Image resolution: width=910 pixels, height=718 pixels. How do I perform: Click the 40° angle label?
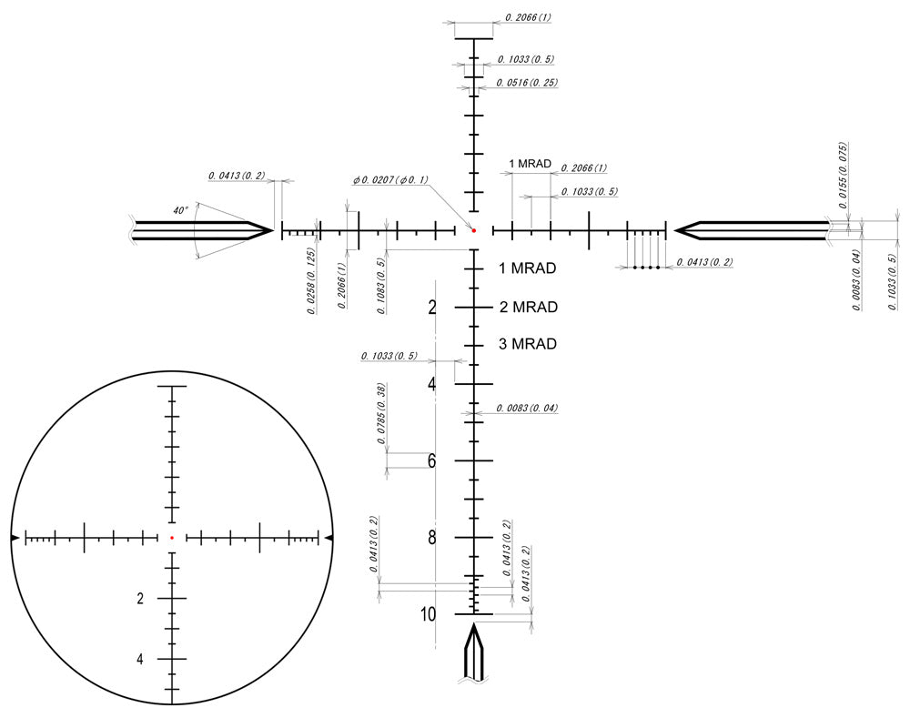[x=180, y=210]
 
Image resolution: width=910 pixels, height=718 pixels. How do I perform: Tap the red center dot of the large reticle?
[x=474, y=230]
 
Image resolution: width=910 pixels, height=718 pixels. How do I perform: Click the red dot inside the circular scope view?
[x=171, y=538]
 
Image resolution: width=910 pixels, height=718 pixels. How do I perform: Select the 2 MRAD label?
[x=529, y=307]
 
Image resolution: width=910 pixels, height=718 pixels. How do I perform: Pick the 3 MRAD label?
[x=529, y=344]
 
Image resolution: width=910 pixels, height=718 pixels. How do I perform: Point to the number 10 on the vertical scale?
[x=429, y=614]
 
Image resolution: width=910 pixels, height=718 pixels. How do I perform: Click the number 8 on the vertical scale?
[x=432, y=537]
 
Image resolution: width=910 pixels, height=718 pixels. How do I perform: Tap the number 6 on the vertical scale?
[x=432, y=460]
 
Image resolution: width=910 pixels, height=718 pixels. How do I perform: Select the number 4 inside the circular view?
[x=140, y=659]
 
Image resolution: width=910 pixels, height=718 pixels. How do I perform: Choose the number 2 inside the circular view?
[x=140, y=598]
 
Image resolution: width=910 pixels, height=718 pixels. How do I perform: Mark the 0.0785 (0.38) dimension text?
[x=382, y=414]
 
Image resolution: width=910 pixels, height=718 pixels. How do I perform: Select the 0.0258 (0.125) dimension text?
[x=311, y=280]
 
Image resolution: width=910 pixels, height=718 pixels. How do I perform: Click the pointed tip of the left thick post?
[x=272, y=230]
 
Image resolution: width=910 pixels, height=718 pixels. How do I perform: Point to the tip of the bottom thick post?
[x=474, y=625]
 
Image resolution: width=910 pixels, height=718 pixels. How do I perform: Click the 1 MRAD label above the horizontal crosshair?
[x=531, y=164]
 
